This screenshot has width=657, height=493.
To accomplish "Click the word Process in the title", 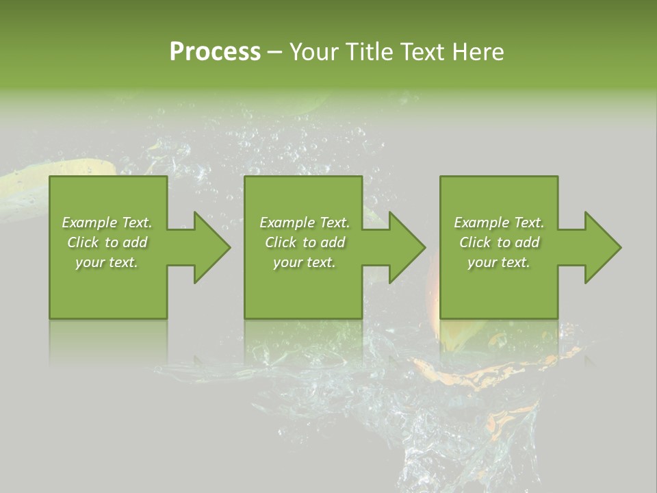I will (215, 52).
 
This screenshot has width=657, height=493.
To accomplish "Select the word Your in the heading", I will (313, 52).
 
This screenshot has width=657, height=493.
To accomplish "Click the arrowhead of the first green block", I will (208, 247).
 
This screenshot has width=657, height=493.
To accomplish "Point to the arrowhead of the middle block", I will (403, 247).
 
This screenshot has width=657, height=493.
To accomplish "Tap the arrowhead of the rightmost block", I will (599, 247).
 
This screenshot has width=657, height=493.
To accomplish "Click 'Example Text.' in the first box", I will (107, 223).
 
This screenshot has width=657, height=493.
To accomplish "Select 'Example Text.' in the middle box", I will (305, 223).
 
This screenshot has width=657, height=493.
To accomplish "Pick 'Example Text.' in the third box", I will (499, 223).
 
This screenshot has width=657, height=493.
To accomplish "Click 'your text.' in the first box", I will (107, 262).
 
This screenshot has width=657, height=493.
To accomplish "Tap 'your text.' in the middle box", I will (305, 262).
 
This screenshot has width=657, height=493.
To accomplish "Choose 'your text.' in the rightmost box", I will (499, 262).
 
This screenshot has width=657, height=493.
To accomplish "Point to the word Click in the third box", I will (475, 242).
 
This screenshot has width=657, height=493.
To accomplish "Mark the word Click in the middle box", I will (281, 242).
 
